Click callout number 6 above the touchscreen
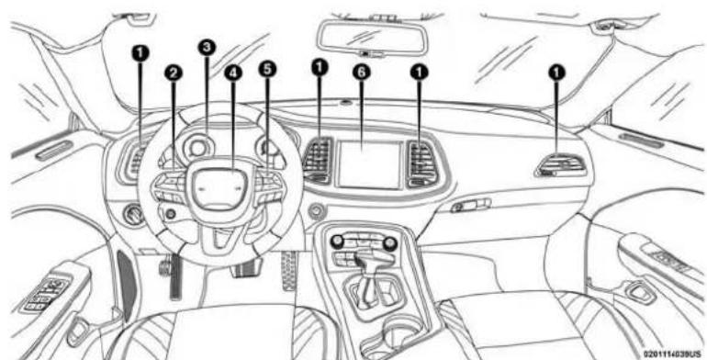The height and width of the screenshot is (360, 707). click(367, 67)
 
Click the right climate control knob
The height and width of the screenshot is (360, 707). click(391, 242)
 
